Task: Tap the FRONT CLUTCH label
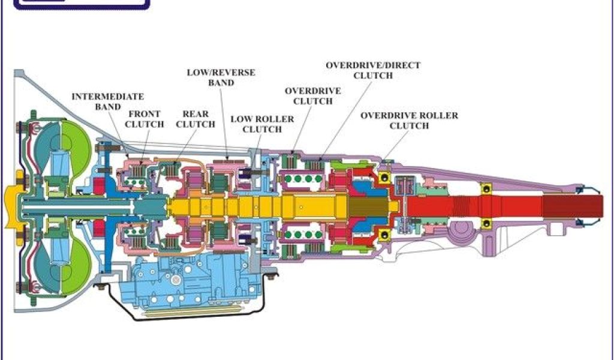click(145, 119)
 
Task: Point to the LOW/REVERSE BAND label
click(221, 77)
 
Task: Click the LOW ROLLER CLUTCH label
click(262, 124)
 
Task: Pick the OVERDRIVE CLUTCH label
click(312, 96)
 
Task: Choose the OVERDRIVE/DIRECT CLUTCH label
click(373, 70)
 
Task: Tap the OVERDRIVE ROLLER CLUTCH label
click(409, 121)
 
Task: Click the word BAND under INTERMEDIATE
click(108, 107)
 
